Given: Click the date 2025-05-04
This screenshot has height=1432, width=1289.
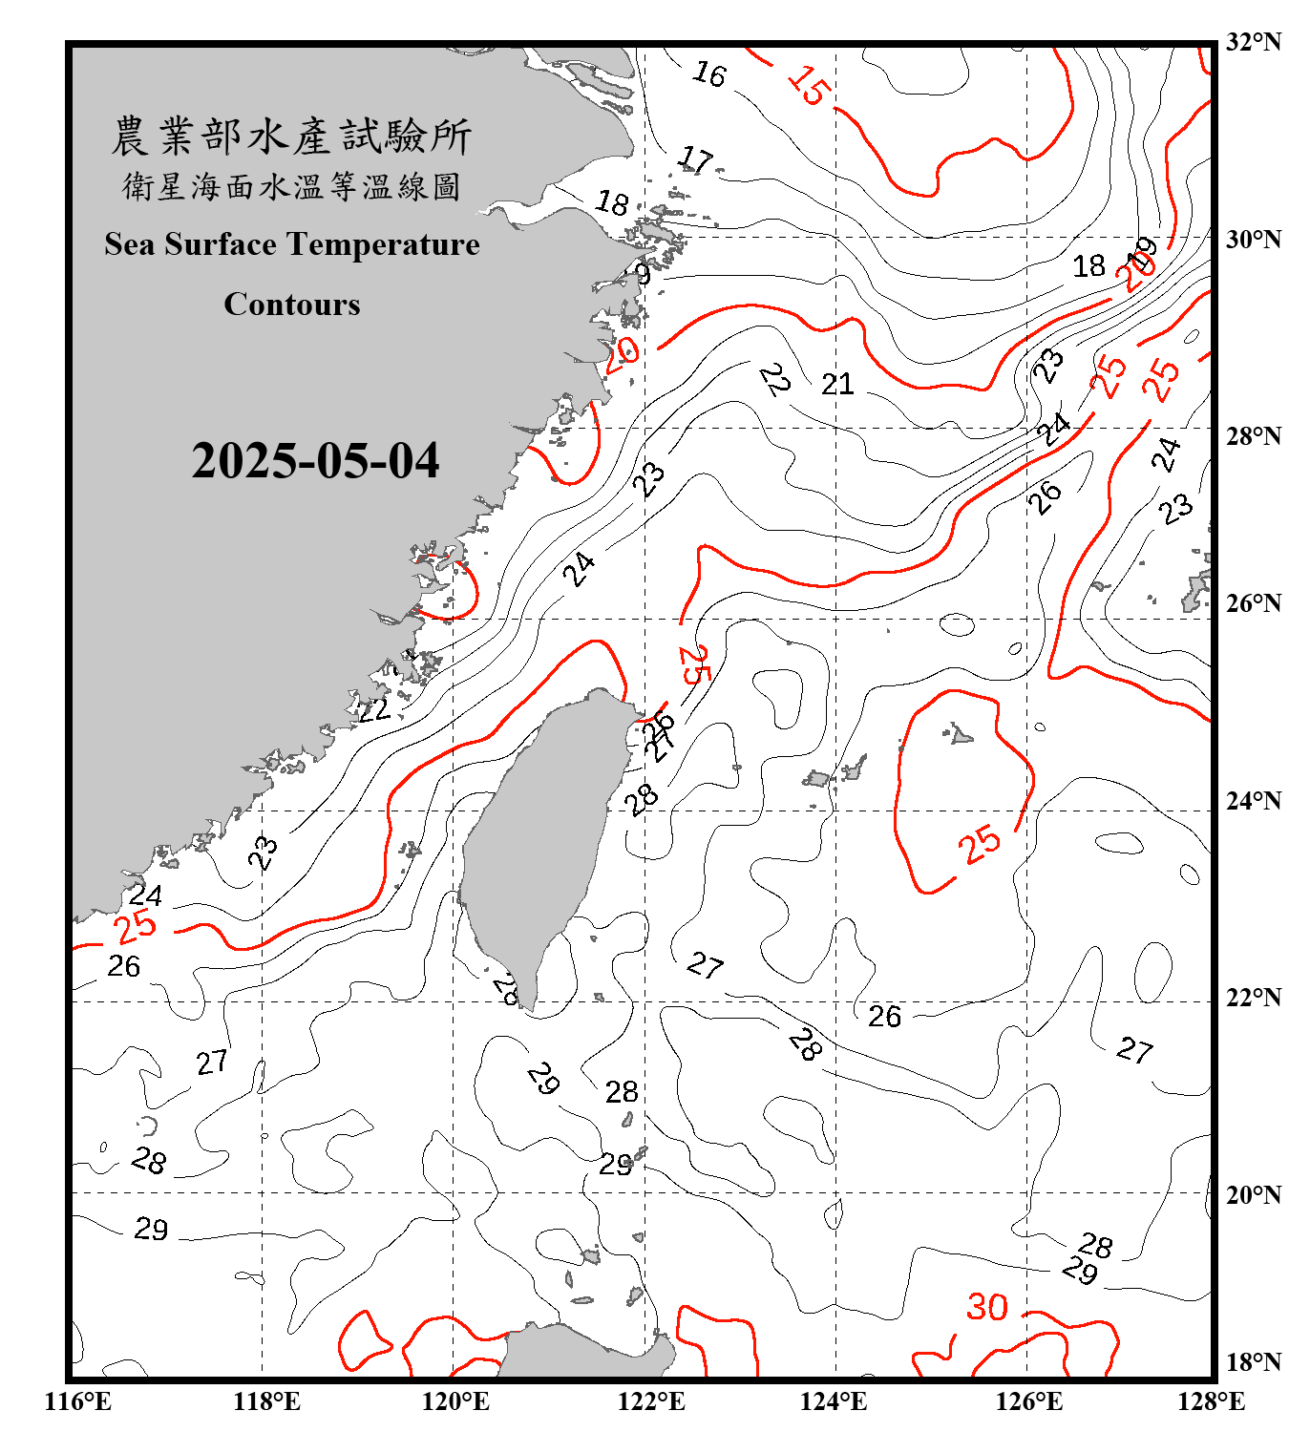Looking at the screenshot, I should coord(315,461).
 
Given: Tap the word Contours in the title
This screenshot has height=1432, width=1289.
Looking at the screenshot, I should coord(292,305).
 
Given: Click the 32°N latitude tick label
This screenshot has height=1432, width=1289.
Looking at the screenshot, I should coord(1253,42).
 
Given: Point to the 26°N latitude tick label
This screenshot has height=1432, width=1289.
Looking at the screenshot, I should coord(1253,603).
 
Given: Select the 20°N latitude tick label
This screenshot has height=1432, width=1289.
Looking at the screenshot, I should coord(1253,1194).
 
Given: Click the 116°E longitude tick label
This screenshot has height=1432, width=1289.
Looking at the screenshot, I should coord(78,1401).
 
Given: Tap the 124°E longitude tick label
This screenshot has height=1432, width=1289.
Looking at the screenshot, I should coord(834,1401).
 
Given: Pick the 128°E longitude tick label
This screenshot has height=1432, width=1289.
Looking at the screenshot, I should coord(1211,1401).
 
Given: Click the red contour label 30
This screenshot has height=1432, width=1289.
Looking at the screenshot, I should coord(987,1307).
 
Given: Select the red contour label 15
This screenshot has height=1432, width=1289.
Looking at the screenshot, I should coord(809,86).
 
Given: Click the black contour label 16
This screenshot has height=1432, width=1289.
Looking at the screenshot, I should coord(709,74).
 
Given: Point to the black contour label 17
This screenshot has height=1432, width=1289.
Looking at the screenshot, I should coord(696,159).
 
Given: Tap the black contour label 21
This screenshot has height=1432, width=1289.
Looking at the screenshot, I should coord(837,384).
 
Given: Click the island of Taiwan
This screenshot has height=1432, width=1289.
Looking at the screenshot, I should coord(539,840).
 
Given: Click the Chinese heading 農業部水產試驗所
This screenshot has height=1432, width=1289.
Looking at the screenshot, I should coord(291,137).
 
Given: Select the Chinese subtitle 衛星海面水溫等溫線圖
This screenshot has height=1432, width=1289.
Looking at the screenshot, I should coord(291,186).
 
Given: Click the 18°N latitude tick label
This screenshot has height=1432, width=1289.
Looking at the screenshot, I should coord(1253,1362).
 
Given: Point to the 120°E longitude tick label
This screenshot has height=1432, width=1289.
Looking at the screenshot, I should coord(455,1401).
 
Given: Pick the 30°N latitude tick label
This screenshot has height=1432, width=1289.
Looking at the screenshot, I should coord(1253,240).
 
